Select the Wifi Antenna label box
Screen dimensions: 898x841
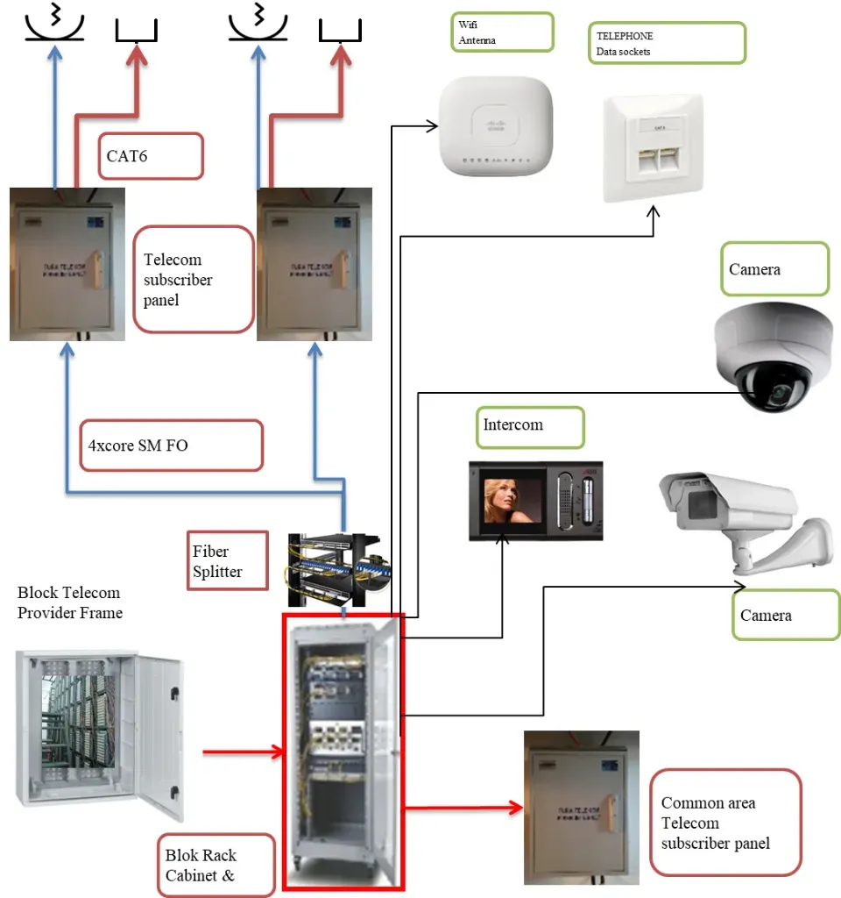click(x=502, y=32)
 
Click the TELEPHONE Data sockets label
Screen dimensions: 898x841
click(x=668, y=43)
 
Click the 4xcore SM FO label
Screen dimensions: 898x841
click(x=174, y=445)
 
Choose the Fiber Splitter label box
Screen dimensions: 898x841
click(x=227, y=560)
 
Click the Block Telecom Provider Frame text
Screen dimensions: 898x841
click(x=70, y=602)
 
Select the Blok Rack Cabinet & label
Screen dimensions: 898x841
click(x=219, y=865)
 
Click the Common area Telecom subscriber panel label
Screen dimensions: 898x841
click(x=725, y=823)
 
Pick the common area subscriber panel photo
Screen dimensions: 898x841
click(x=581, y=808)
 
